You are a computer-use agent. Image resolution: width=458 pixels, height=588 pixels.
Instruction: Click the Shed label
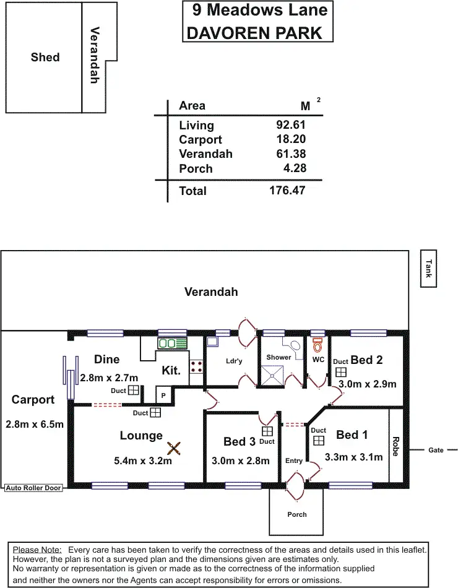point(45,58)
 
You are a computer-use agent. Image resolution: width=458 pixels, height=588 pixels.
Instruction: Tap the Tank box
point(428,268)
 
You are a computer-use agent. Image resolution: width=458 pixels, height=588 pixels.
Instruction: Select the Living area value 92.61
point(291,125)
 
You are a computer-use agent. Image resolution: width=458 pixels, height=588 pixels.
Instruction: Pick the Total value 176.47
point(287,191)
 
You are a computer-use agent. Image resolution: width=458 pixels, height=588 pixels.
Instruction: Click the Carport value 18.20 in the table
point(291,140)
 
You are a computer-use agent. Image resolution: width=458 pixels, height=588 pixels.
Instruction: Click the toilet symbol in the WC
point(318,344)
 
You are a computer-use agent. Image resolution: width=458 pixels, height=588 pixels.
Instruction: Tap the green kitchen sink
point(173,342)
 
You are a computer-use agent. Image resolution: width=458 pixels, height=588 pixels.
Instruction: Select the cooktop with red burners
point(197,366)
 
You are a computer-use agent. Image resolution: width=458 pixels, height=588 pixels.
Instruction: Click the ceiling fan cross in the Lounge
point(175,447)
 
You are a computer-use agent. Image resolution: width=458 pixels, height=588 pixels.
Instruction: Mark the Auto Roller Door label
point(33,488)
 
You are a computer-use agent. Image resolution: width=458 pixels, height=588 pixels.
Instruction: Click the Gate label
point(436,450)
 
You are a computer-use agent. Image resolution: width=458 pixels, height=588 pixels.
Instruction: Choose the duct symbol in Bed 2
point(340,372)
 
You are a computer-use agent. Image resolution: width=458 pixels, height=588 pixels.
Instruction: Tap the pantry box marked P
point(163,395)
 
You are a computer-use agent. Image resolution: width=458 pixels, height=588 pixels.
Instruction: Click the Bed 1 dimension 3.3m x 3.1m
point(353,457)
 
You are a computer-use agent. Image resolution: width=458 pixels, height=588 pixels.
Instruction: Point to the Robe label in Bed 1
point(395,446)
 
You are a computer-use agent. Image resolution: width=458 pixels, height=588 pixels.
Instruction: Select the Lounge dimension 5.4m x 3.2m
point(142,460)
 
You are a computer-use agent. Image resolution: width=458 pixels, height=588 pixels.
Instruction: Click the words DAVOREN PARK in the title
point(254,33)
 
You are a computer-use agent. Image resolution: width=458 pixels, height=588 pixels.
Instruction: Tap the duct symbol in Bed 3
point(267,431)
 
